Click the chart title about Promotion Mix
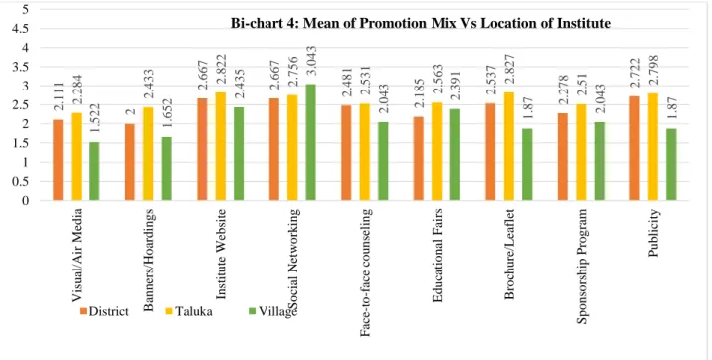[x=421, y=23]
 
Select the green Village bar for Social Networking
[x=310, y=142]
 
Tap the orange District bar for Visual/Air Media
[x=58, y=160]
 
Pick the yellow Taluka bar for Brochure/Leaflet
[x=508, y=146]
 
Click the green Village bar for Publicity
[x=671, y=164]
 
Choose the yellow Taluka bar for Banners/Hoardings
[x=148, y=154]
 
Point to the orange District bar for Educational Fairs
[x=419, y=158]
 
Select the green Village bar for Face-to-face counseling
[x=383, y=161]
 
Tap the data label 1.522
[x=94, y=119]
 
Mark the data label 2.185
[x=419, y=93]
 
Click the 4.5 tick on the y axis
[x=20, y=29]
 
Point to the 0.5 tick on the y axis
[x=20, y=182]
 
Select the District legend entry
[x=104, y=311]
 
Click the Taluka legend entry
[x=188, y=311]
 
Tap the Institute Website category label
[x=221, y=255]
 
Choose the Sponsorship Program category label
[x=582, y=267]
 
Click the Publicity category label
[x=654, y=233]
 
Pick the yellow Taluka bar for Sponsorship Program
[x=581, y=152]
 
